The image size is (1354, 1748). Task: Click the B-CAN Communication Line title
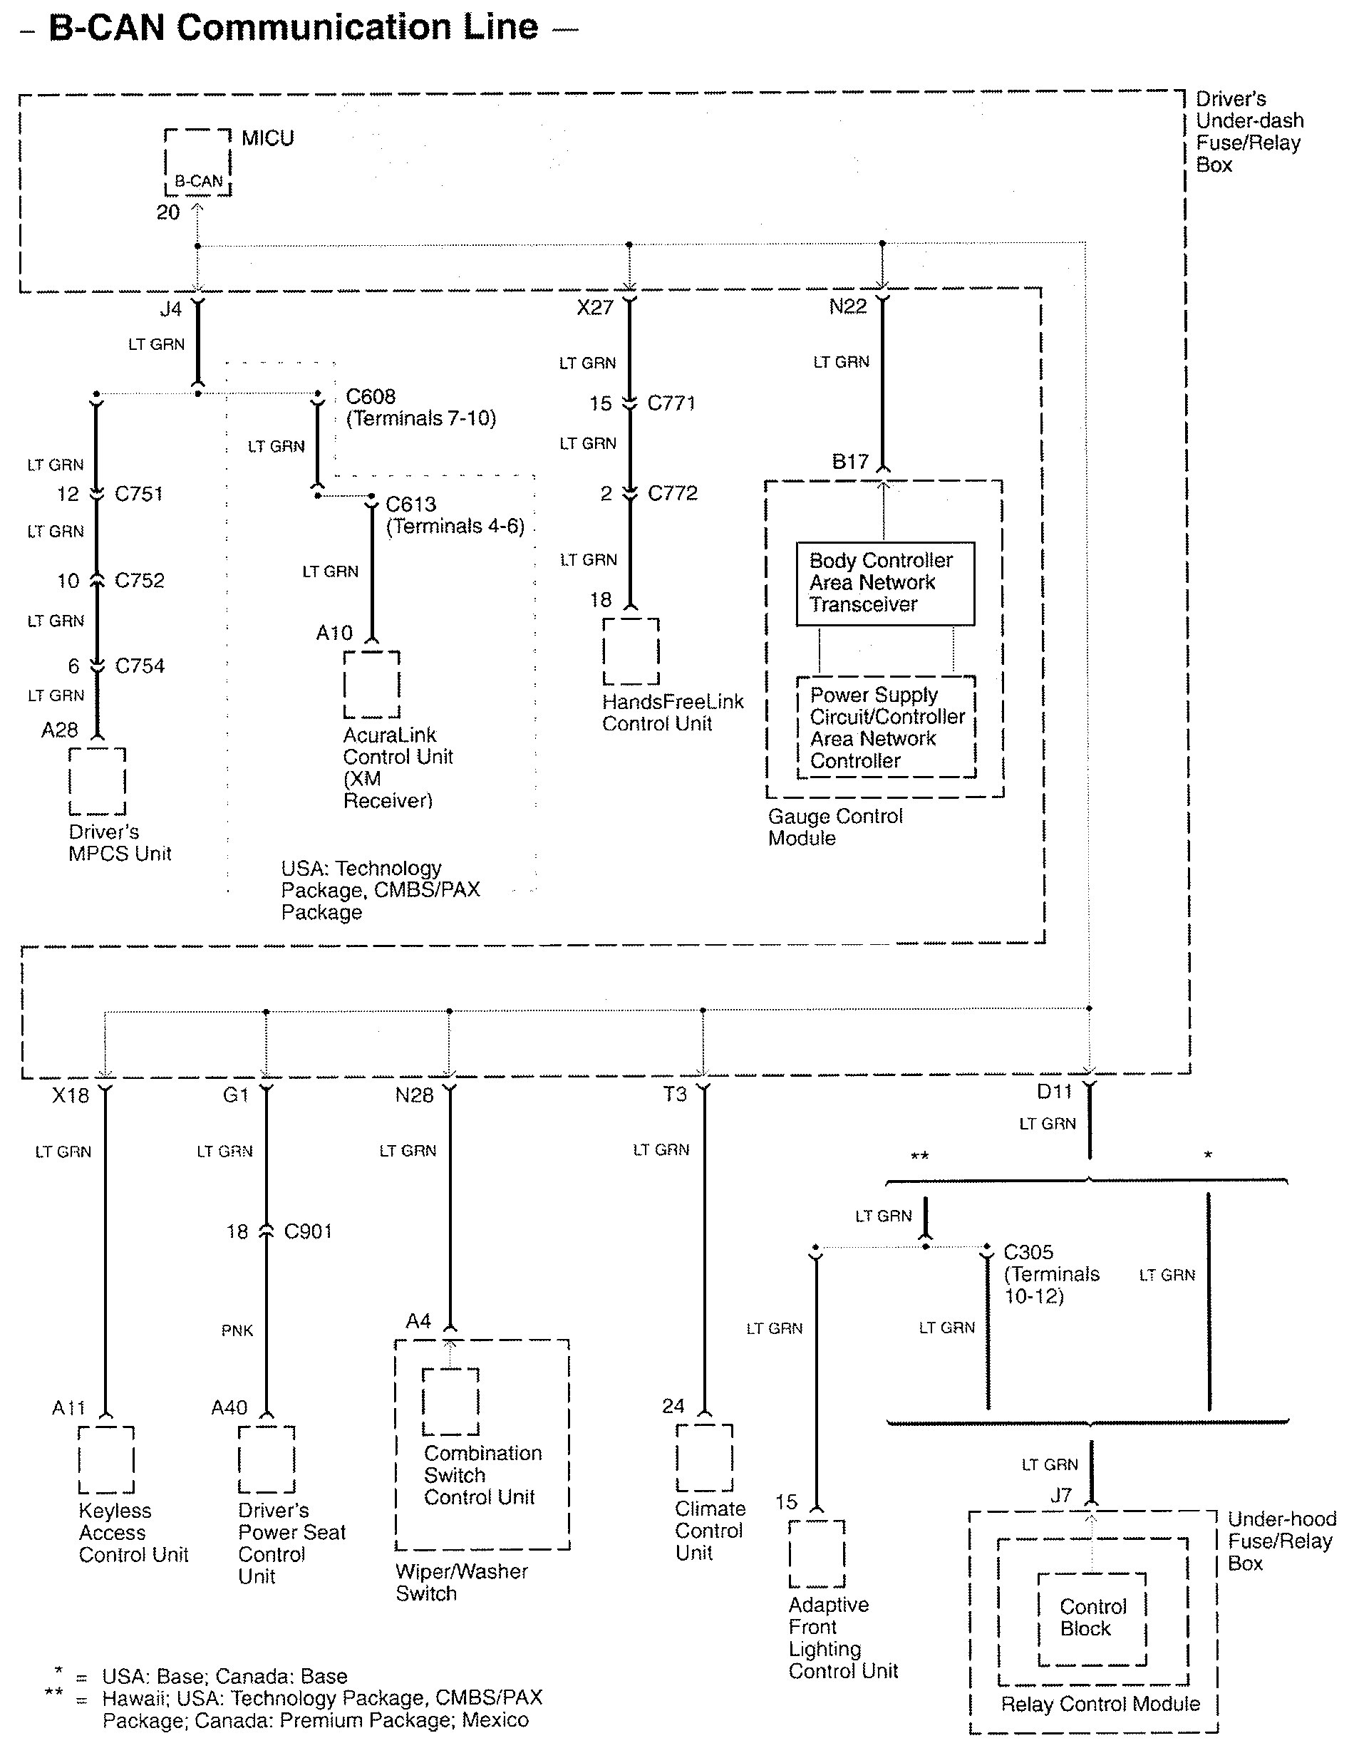pyautogui.click(x=293, y=28)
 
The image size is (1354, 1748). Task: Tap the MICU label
pyautogui.click(x=267, y=138)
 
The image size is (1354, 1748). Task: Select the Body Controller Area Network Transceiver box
pyautogui.click(x=884, y=583)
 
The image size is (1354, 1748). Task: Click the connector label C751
pyautogui.click(x=138, y=494)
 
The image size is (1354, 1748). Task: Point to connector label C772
pyautogui.click(x=672, y=493)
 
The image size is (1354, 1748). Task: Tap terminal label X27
pyautogui.click(x=594, y=308)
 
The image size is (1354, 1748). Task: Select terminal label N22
pyautogui.click(x=847, y=306)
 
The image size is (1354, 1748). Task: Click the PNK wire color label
pyautogui.click(x=237, y=1330)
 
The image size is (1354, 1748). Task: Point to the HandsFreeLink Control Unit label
pyautogui.click(x=672, y=713)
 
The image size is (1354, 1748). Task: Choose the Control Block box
pyautogui.click(x=1092, y=1618)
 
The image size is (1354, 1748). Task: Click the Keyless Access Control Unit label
pyautogui.click(x=133, y=1533)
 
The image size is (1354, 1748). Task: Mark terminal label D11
pyautogui.click(x=1054, y=1092)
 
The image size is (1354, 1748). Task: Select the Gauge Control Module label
pyautogui.click(x=834, y=827)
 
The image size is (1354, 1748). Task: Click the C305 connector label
pyautogui.click(x=1028, y=1252)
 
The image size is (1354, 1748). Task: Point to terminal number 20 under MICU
pyautogui.click(x=168, y=213)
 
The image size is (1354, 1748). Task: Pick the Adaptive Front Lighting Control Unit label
pyautogui.click(x=842, y=1638)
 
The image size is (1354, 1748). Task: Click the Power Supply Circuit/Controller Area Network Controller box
pyautogui.click(x=886, y=728)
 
